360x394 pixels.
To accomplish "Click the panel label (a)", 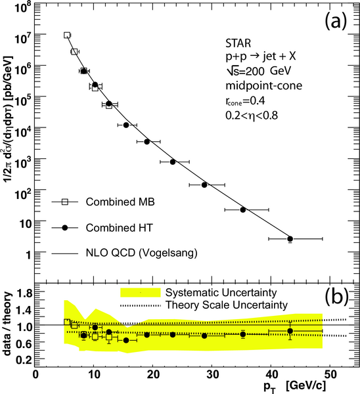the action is pos(336,20).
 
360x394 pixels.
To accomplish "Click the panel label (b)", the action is pos(336,297).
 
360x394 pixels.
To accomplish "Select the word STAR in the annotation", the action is pos(238,43).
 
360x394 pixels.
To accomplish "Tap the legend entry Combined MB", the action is pos(120,202).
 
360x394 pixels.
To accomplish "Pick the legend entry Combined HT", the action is pos(119,228).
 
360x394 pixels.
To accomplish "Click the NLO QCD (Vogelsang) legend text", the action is pos(141,253).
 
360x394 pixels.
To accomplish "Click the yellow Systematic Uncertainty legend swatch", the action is pos(141,292).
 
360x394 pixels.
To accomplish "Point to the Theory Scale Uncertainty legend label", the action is pos(227,305).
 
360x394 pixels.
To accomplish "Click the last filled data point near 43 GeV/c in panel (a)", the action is pos(290,239).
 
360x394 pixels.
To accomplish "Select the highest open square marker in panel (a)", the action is pos(67,35).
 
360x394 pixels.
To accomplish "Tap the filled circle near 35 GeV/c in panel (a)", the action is pos(243,209).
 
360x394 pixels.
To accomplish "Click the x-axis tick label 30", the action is pos(212,374).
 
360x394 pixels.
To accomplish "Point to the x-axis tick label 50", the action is pos(330,374).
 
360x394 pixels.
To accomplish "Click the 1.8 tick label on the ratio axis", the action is pos(24,293).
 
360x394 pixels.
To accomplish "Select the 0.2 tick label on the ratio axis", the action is pos(24,360).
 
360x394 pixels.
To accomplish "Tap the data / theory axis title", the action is pos(8,324).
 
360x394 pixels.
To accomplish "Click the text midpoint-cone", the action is pos(263,85).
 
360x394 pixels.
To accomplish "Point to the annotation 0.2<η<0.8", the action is pos(252,116).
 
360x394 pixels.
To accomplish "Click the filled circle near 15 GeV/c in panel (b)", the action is pos(126,340).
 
